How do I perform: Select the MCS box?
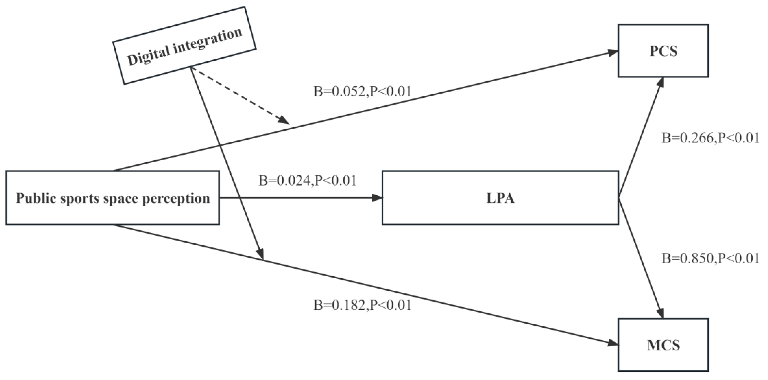click(663, 345)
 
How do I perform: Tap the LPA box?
click(500, 198)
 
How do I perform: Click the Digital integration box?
click(184, 46)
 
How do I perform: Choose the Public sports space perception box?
click(113, 198)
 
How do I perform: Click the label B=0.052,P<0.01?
click(362, 92)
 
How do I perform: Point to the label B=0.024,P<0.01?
click(307, 181)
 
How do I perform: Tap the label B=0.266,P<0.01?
click(710, 138)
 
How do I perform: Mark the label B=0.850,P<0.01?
click(710, 259)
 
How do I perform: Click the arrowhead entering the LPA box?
click(377, 198)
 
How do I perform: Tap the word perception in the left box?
click(176, 199)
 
